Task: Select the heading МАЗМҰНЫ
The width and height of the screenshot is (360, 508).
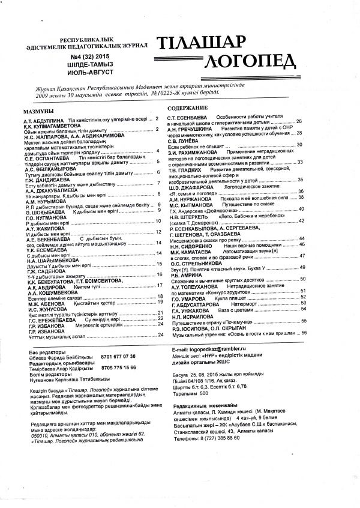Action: click(x=38, y=112)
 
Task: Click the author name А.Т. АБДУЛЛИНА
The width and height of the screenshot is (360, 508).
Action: click(x=40, y=120)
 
